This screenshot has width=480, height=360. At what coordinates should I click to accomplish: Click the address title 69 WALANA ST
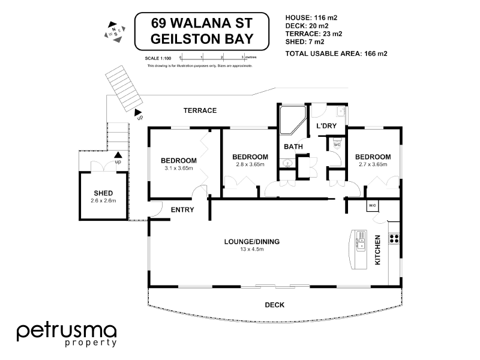pos(202,24)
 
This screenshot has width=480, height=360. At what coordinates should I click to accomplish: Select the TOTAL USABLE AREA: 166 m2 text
pos(336,54)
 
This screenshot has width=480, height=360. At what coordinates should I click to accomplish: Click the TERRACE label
pos(200,111)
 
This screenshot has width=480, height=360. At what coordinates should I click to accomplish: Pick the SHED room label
pos(103,193)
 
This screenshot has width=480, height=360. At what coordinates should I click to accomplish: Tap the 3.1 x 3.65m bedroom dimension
pos(178,169)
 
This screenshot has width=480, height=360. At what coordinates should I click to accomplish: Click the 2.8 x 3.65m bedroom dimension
pos(250,164)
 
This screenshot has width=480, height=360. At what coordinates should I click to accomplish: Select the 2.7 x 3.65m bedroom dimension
pos(374,164)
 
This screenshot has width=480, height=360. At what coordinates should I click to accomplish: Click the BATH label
pos(293,146)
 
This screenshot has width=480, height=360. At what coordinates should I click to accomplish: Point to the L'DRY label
pos(326,125)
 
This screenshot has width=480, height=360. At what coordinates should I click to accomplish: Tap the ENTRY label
pos(182,210)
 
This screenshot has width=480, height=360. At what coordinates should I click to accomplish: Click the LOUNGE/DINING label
pos(252,242)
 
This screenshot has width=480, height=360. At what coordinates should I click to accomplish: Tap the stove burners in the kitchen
pos(394,239)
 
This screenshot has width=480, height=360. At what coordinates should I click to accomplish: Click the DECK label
pos(274,305)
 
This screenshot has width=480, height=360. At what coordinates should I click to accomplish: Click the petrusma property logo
pos(66,335)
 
